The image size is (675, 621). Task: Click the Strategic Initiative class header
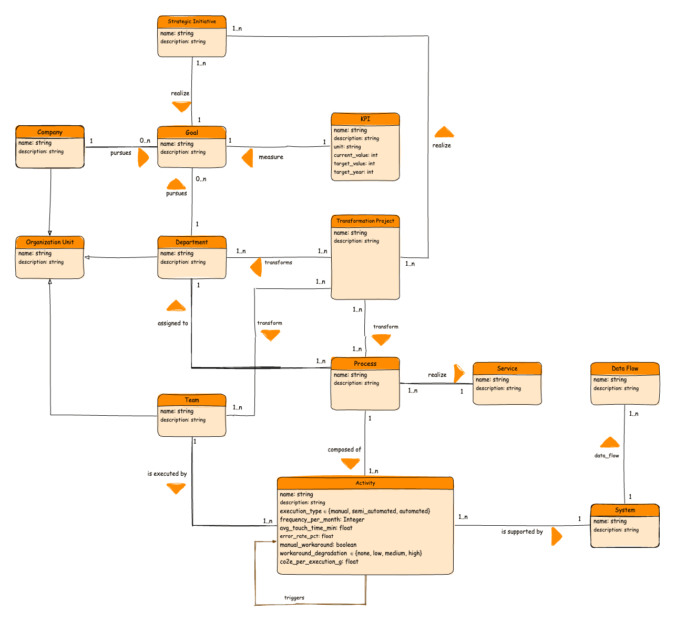coord(192,22)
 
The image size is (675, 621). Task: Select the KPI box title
coord(365,119)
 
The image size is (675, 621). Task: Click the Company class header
coord(50,132)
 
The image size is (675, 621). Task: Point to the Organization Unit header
coord(50,242)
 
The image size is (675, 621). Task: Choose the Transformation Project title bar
coord(365,221)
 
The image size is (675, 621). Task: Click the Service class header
coord(507,368)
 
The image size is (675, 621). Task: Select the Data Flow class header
coord(625,368)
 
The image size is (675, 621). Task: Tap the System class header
coord(625,510)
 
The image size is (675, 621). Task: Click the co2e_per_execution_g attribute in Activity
coord(319,562)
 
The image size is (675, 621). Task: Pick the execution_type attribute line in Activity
coord(355,511)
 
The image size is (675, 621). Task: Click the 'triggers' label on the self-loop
coord(294,598)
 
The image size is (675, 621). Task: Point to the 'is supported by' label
coord(522,532)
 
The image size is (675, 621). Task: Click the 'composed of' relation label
coord(344,449)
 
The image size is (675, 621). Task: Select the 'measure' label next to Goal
coord(271,157)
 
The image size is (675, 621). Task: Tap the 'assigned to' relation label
coord(173,323)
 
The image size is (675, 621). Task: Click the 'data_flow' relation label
coord(607,455)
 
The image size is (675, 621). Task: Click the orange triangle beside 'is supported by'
coord(556,537)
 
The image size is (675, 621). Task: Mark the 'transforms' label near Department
coord(278,262)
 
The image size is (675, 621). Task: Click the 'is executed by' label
coord(167,474)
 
